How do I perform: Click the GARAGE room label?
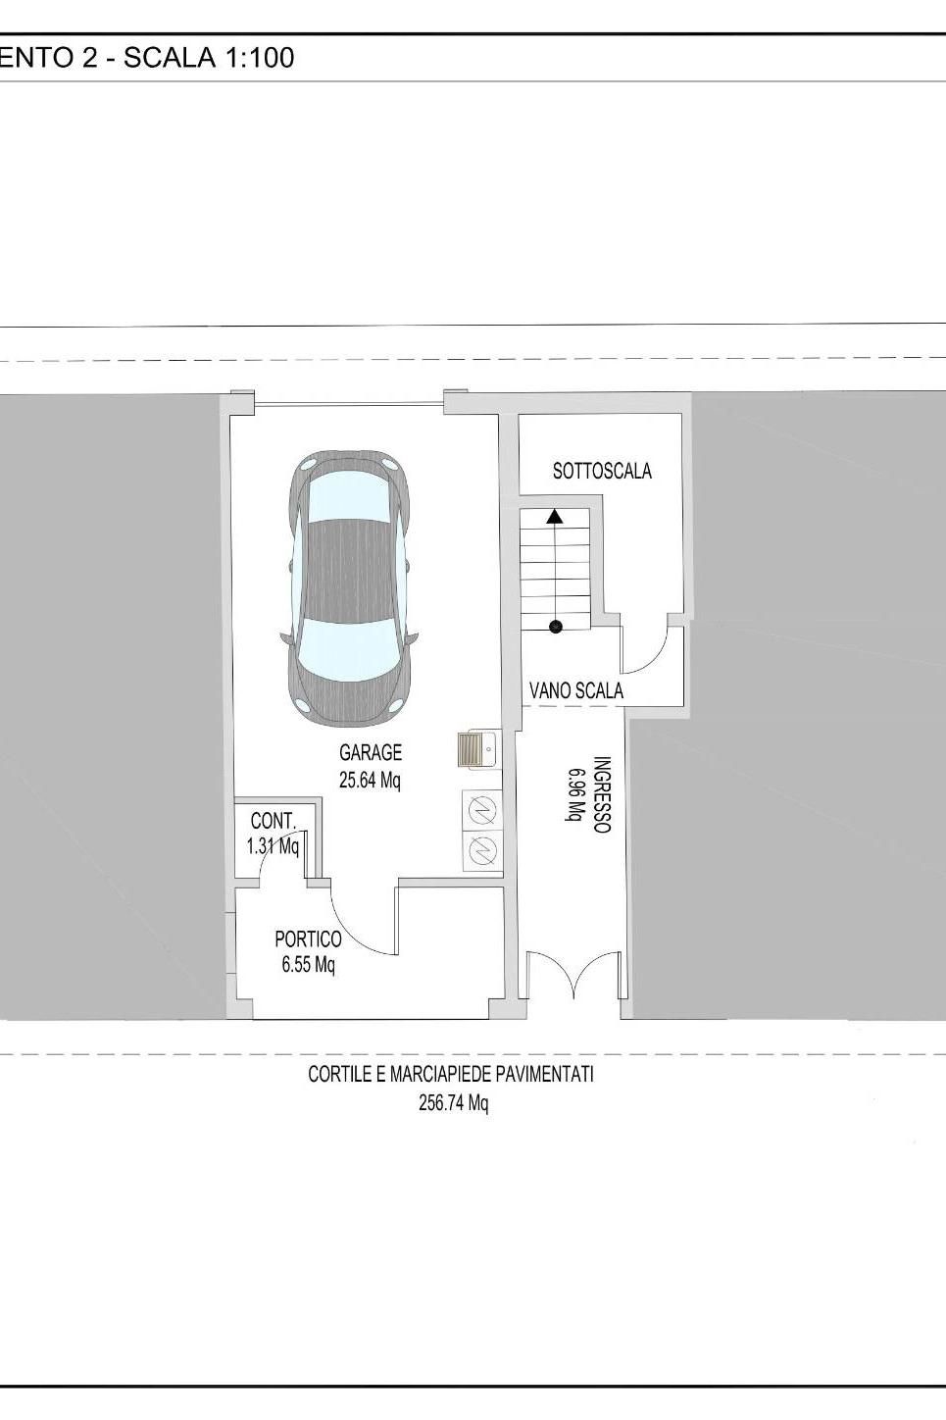point(371,753)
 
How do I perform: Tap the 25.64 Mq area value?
point(370,781)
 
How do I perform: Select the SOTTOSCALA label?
point(602,472)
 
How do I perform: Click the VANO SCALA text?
point(576,690)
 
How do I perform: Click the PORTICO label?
point(308,938)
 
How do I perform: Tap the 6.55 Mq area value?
point(308,965)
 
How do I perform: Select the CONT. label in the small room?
point(274,821)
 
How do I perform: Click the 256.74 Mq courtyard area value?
point(453,1103)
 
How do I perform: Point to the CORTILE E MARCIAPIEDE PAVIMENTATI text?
point(451,1075)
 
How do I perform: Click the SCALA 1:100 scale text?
point(209,58)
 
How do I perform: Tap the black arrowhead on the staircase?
point(555,516)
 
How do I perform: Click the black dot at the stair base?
point(556,627)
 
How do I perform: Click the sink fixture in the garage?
point(479,749)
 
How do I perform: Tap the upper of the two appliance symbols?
point(482,809)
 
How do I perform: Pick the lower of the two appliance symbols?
point(482,849)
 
